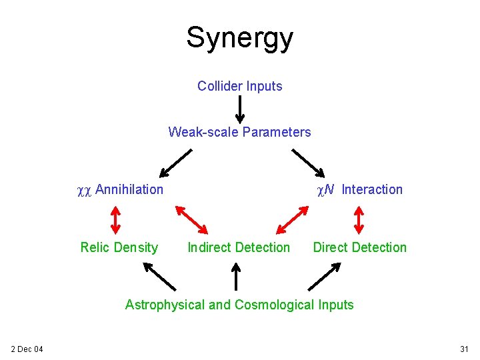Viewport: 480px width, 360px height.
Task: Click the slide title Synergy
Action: [239, 38]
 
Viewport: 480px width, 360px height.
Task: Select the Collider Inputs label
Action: [239, 86]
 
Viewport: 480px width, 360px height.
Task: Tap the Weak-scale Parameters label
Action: [239, 132]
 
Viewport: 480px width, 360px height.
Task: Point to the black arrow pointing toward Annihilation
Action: [175, 162]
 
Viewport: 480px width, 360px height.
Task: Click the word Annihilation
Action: [129, 189]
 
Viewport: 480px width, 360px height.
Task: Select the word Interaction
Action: [372, 189]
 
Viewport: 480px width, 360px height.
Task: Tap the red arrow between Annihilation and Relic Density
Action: [115, 218]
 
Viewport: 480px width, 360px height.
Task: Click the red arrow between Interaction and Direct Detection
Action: [359, 218]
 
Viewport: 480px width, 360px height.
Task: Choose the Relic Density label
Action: [119, 247]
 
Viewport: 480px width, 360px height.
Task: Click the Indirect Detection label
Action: [239, 247]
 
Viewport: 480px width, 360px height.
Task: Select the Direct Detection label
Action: [359, 247]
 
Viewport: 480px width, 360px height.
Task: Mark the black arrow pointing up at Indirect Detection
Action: [235, 276]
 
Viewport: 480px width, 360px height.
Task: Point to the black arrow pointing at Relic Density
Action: [159, 275]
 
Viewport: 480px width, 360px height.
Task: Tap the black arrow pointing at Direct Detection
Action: [324, 275]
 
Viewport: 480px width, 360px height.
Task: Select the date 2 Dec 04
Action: [27, 349]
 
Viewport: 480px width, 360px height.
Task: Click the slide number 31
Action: [464, 349]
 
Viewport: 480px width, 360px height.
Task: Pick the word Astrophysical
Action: [165, 305]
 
